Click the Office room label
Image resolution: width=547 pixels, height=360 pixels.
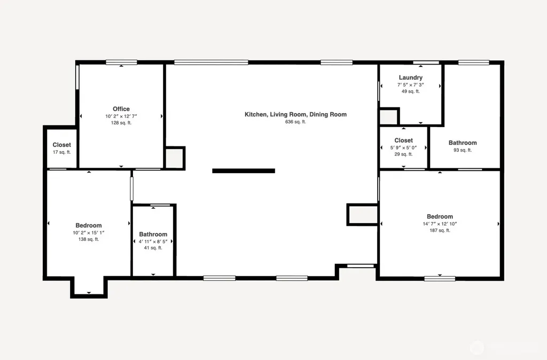coord(121,109)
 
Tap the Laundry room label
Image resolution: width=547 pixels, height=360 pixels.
coord(411,77)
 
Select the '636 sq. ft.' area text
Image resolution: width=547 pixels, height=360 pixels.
coord(295,122)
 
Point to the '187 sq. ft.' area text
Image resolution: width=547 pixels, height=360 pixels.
coord(440,230)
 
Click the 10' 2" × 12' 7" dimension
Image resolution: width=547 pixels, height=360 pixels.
coord(121,116)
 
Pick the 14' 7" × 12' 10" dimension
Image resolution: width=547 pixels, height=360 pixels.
coord(440,224)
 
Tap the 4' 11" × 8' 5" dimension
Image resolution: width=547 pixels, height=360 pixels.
coord(153,241)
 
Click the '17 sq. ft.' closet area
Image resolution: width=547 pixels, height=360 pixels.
coord(62,152)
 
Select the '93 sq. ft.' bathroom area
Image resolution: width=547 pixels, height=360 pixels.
coord(463,150)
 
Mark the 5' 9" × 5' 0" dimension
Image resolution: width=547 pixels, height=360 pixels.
coord(404,147)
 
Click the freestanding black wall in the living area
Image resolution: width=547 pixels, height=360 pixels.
coord(244,170)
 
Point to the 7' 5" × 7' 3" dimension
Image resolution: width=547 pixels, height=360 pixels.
coord(411,85)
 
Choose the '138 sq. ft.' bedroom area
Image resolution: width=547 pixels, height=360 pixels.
coord(89,239)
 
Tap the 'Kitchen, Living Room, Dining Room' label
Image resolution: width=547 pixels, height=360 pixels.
coord(295,114)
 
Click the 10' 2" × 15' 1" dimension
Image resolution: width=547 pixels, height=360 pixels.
coord(89,233)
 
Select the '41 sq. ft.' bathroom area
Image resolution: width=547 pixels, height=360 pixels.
coord(153,248)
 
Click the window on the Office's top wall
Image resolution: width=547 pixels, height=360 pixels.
coord(121,62)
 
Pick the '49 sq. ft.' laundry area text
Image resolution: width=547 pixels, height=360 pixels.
coord(411,91)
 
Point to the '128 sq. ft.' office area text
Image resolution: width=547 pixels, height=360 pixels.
coord(121,123)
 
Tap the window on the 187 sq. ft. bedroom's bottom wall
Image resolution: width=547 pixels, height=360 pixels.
coord(440,278)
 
